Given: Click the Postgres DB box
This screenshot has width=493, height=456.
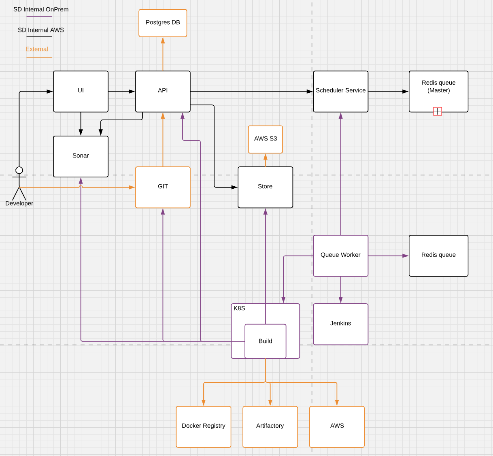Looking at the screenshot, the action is (163, 23).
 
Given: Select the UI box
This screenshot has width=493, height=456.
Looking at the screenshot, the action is (81, 92).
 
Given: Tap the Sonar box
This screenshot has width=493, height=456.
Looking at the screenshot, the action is (81, 156).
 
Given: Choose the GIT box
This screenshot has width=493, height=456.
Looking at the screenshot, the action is (163, 187).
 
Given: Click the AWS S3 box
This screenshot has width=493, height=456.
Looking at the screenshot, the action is (266, 139).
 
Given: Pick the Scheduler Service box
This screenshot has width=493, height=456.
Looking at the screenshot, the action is (340, 92).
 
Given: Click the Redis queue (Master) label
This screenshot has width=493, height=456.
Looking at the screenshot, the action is (438, 86).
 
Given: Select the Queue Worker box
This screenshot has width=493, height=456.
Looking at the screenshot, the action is (340, 256).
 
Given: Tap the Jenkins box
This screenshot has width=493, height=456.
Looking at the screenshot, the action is (340, 324).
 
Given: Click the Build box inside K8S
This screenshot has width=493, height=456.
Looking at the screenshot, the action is (266, 341).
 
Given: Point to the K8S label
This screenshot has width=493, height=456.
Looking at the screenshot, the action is (239, 308).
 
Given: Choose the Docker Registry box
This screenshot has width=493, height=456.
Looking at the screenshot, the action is (203, 427).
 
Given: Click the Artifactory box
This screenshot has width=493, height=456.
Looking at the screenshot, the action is (270, 427).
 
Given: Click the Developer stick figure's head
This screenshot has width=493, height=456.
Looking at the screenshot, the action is (19, 170).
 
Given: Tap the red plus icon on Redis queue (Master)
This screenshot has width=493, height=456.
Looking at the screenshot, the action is (438, 111).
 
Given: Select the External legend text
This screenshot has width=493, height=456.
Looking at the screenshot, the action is (37, 49).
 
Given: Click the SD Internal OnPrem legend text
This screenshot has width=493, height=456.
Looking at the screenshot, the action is (41, 9).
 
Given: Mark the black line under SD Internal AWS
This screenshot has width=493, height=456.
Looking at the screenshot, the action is (39, 37).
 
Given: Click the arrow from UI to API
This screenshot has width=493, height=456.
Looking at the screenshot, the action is (122, 92).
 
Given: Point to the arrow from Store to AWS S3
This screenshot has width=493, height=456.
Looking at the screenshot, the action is (266, 160).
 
